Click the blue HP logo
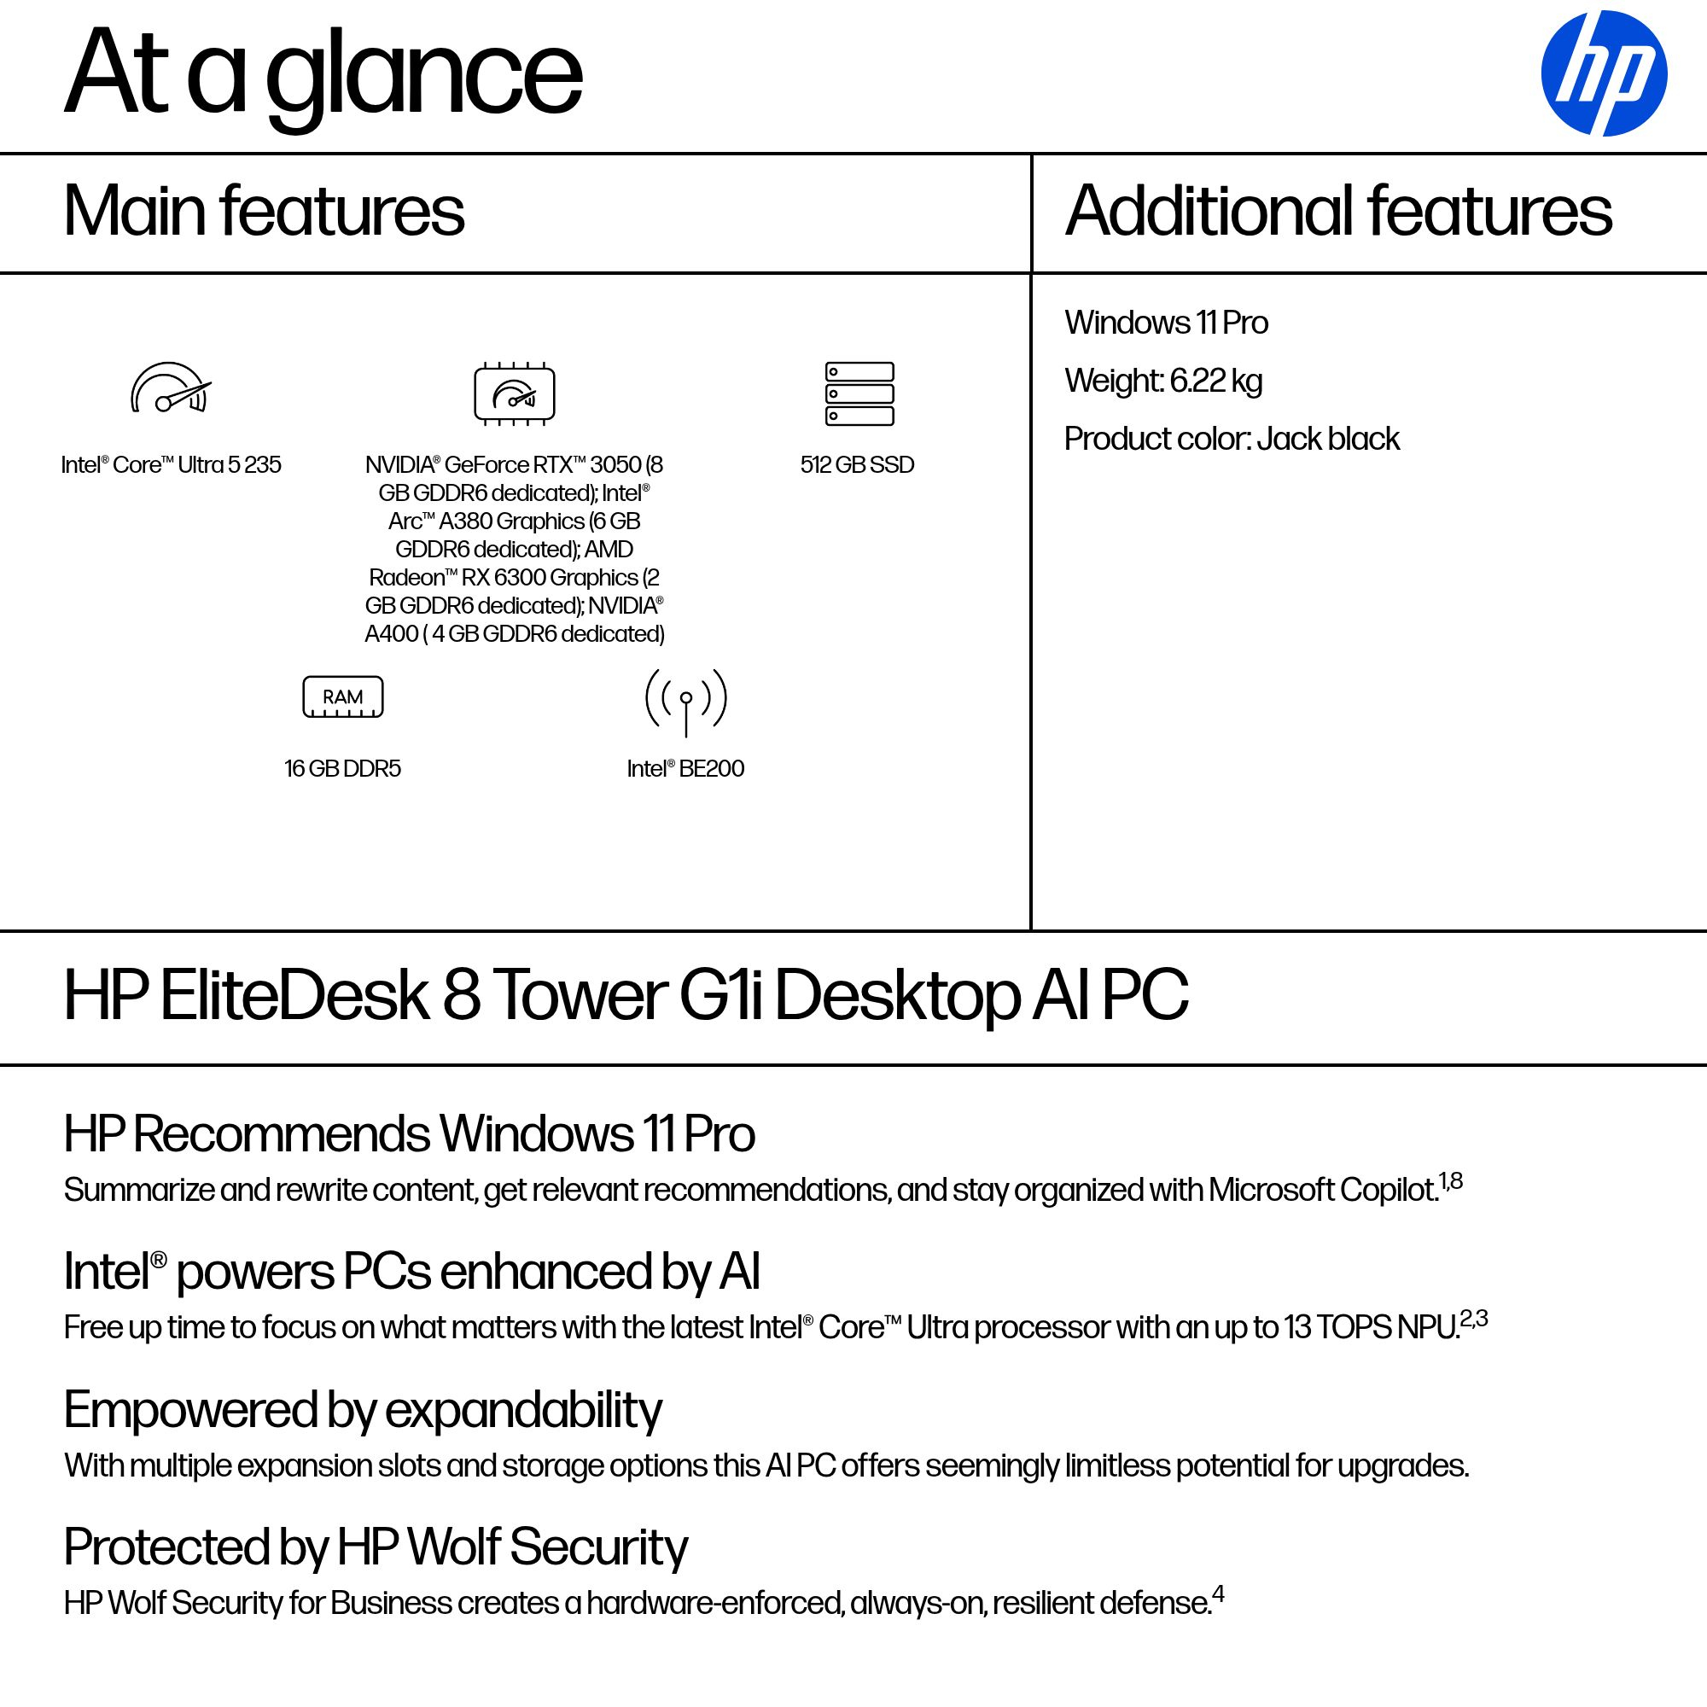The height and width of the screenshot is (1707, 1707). point(1603,73)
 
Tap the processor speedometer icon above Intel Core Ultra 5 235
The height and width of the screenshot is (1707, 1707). point(171,388)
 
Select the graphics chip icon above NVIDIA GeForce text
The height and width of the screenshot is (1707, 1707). point(514,393)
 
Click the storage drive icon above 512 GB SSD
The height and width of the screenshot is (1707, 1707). point(859,393)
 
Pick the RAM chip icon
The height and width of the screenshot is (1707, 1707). point(343,697)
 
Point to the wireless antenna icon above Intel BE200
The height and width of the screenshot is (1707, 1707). point(685,700)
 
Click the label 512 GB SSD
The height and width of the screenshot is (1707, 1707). point(857,465)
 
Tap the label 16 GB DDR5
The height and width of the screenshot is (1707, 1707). point(343,769)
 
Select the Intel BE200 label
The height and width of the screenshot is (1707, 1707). point(685,769)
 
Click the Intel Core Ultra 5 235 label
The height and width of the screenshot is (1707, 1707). point(172,465)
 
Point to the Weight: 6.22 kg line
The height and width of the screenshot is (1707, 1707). point(1162,381)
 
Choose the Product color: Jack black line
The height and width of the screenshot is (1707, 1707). point(1232,439)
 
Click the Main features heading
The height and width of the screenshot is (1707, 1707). point(263,211)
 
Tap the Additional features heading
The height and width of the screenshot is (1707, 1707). point(1338,211)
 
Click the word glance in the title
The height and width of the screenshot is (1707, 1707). point(424,75)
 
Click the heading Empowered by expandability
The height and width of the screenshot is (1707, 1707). point(362,1410)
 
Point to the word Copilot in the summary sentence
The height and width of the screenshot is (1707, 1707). point(1389,1190)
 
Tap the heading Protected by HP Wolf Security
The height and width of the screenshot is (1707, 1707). point(376,1548)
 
